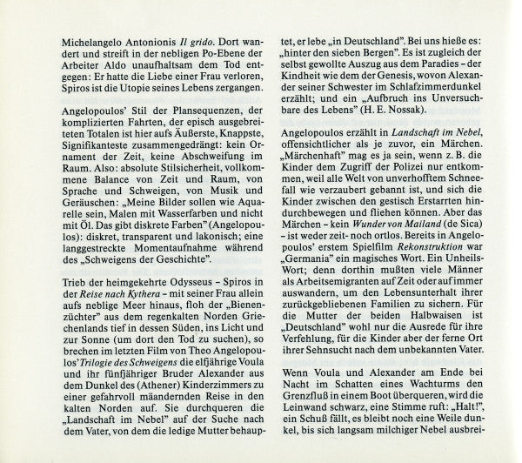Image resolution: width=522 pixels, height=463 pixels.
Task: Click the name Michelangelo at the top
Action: pos(76,43)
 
